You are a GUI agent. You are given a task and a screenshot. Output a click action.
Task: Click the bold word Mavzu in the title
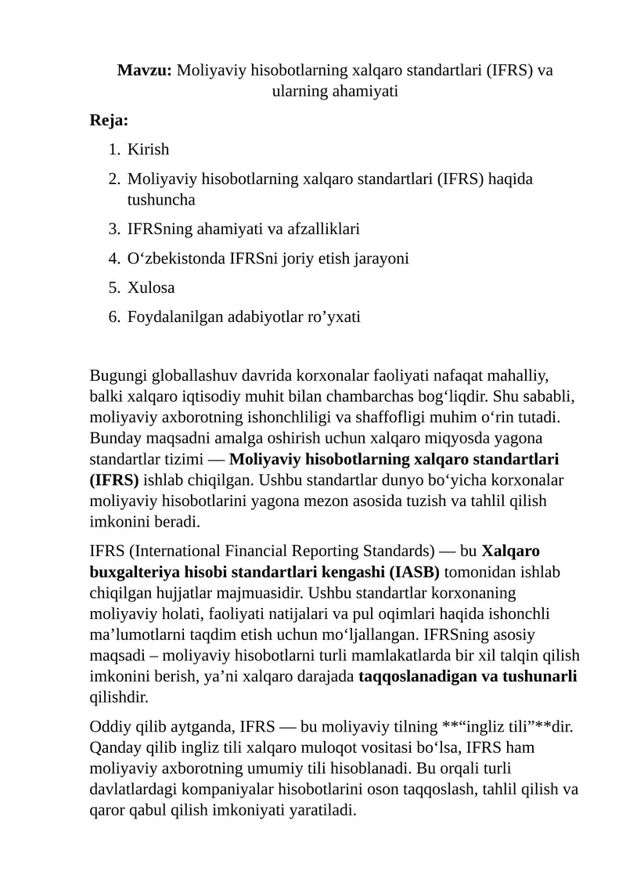coord(145,70)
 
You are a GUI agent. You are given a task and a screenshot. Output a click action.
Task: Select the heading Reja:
coord(110,121)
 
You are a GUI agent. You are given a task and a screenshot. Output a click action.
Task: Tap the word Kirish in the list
coord(149,149)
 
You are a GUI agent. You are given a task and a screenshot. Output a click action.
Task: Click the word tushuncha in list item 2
coord(161,199)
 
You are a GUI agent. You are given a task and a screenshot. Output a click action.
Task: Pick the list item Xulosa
coord(151,287)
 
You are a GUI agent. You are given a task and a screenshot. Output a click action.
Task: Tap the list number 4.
coord(114,258)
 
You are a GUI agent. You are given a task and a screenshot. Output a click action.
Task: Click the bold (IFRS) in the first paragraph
coord(114,479)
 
